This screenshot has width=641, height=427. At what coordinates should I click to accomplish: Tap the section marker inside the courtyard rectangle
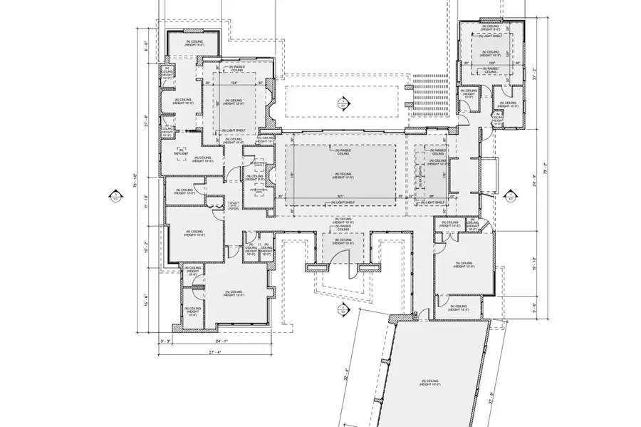pos(341,101)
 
